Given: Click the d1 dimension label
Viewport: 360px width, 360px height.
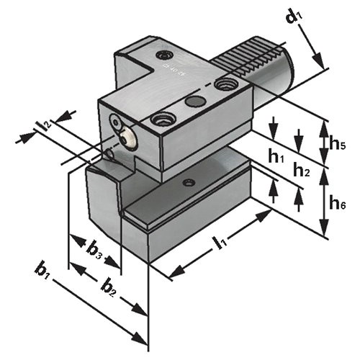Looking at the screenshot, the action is pos(294,17).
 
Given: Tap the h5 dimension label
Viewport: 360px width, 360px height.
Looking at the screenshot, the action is pos(337,144).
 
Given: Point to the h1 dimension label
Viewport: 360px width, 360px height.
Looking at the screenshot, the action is pos(276,156).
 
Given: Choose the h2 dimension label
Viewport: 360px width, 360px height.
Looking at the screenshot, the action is pos(302,170).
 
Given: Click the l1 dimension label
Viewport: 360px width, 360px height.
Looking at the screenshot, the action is pos(221,243).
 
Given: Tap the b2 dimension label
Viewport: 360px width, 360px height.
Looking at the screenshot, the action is pos(109,288).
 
